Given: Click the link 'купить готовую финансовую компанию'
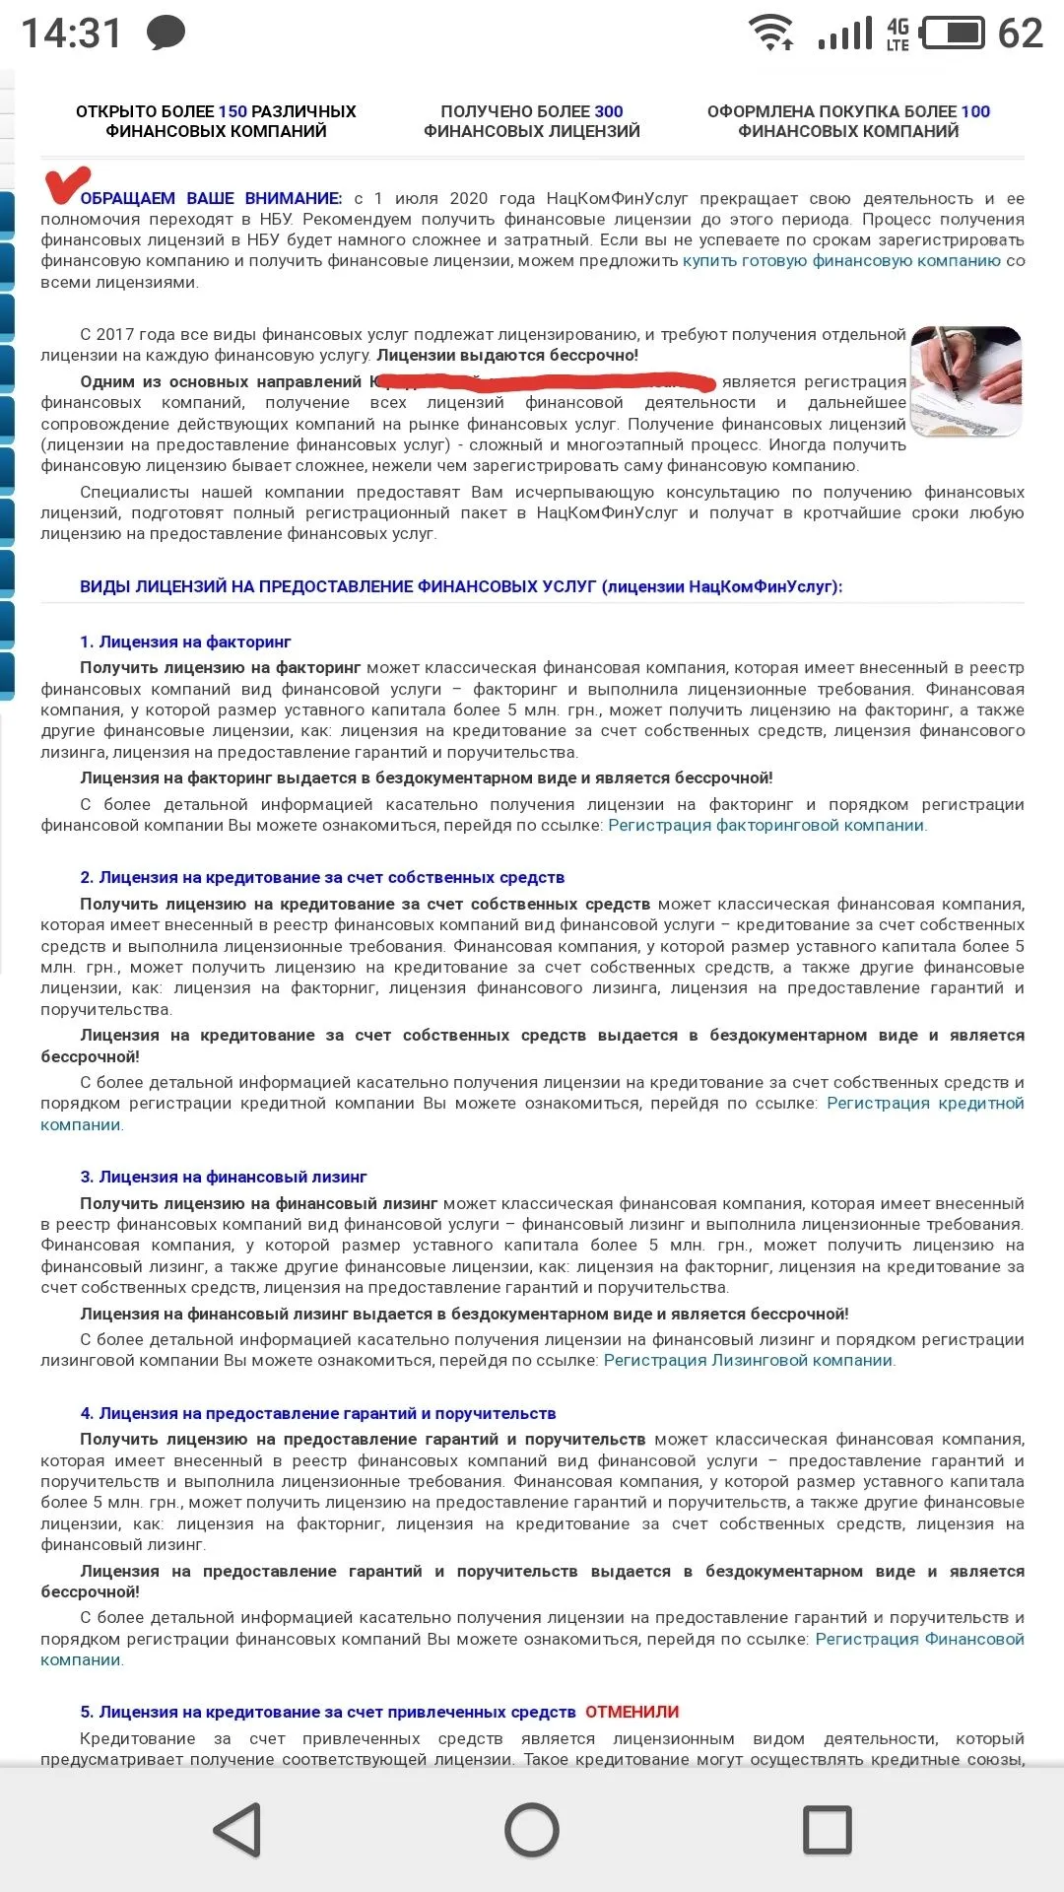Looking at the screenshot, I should point(841,261).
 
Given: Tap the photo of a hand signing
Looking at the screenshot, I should point(965,380).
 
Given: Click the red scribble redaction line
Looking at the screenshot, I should point(547,381).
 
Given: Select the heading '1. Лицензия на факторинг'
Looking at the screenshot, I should point(185,642).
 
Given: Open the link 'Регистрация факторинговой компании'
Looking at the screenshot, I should point(766,826).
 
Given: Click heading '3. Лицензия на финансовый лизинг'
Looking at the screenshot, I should point(224,1178).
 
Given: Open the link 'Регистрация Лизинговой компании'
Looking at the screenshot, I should point(748,1361).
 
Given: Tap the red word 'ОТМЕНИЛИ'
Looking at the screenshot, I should point(632,1713).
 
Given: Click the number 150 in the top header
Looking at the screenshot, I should point(233,112).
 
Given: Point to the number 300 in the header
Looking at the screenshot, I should point(609,112).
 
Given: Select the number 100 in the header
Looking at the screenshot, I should point(975,112).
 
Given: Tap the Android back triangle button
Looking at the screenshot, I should point(238,1830).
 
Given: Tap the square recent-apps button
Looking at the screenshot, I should point(828,1830).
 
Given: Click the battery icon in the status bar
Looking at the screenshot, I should point(952,34).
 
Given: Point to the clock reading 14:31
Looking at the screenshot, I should point(71,34).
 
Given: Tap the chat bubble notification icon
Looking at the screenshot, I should point(166,34).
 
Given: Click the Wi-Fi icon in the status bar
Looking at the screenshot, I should point(772,34).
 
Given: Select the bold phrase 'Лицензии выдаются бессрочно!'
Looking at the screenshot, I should point(507,356).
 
